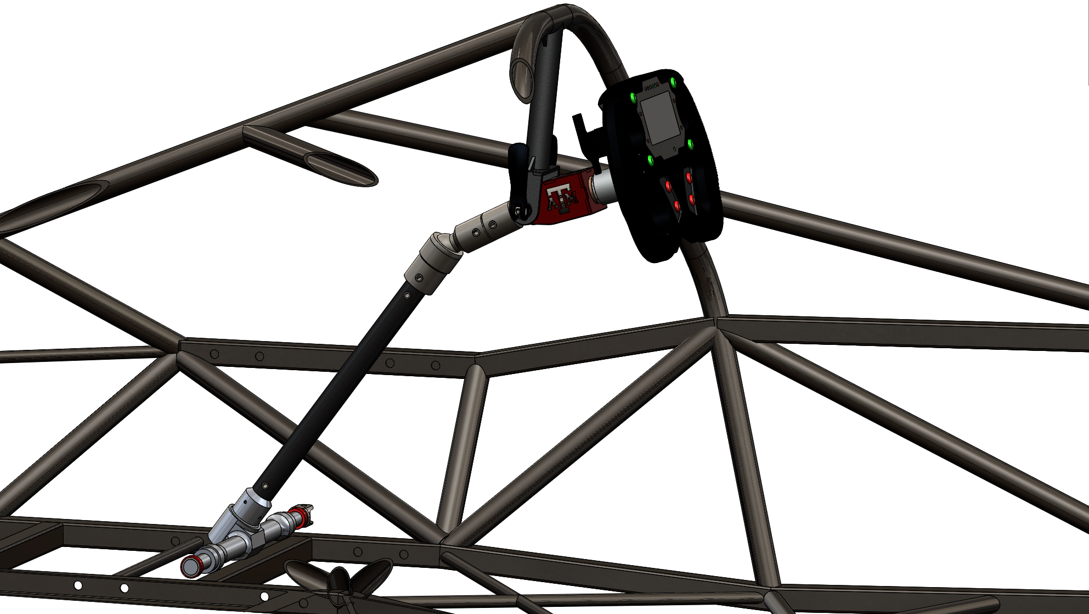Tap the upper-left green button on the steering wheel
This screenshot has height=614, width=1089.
coord(634,98)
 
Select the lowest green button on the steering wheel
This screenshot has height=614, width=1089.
coord(650,160)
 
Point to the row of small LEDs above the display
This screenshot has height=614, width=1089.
coord(651,87)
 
